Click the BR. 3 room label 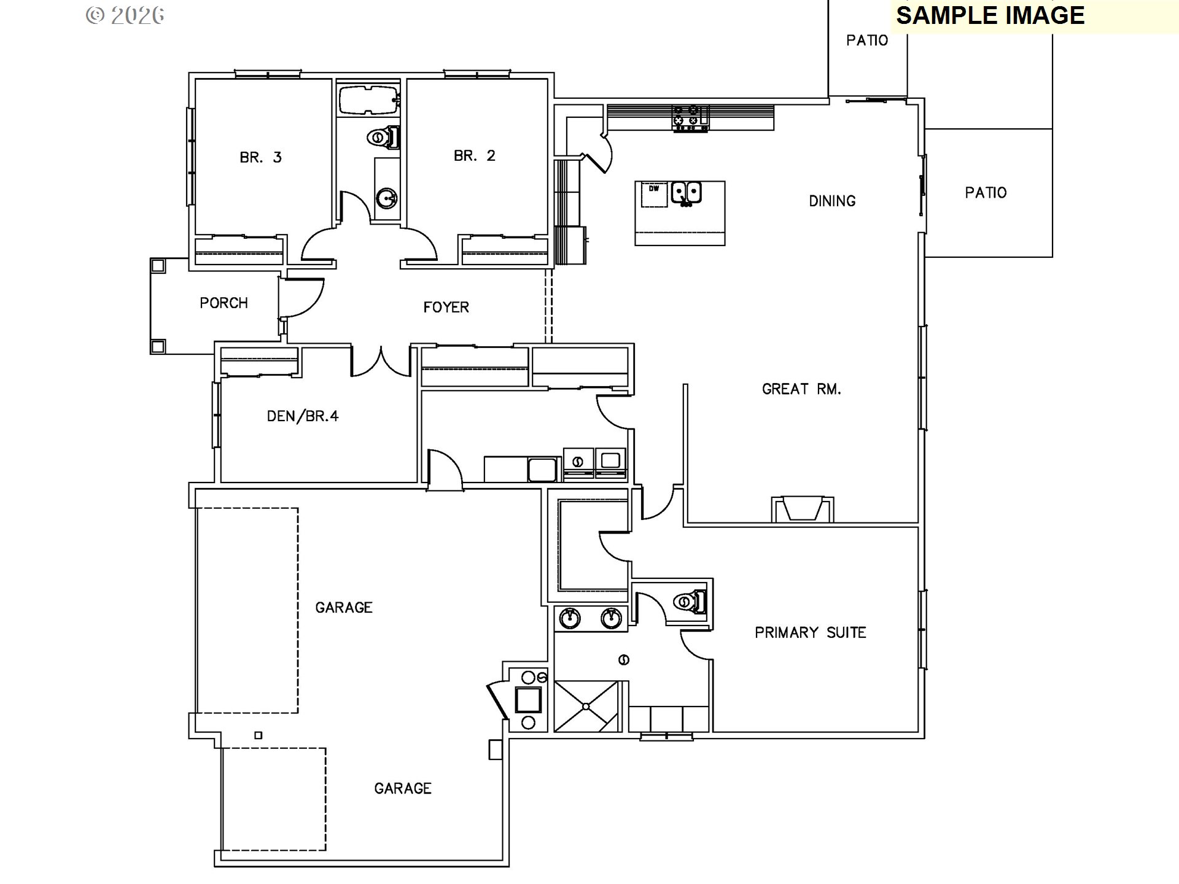[x=260, y=158]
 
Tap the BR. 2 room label [x=474, y=156]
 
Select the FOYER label [x=446, y=307]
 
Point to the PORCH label [x=224, y=303]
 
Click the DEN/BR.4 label [x=302, y=416]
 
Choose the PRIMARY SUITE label [x=810, y=632]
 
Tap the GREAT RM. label [x=801, y=389]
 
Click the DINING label [x=831, y=201]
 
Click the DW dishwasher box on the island [x=654, y=194]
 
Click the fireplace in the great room [x=802, y=509]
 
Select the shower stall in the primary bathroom [x=586, y=706]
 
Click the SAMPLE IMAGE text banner [x=990, y=15]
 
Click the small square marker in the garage [x=259, y=735]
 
